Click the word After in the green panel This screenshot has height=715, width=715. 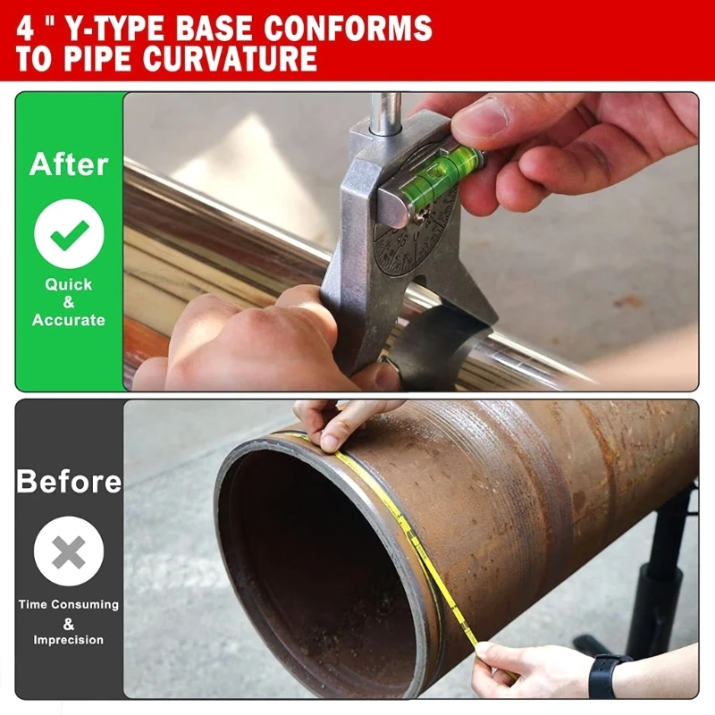69,164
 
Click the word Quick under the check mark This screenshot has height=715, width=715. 69,284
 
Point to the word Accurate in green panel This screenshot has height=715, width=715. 69,320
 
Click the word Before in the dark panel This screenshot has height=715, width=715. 69,482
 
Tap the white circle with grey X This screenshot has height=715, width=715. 69,553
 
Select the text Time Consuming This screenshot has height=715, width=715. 69,605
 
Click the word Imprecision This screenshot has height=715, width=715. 69,640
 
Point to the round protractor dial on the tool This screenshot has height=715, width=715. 416,241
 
